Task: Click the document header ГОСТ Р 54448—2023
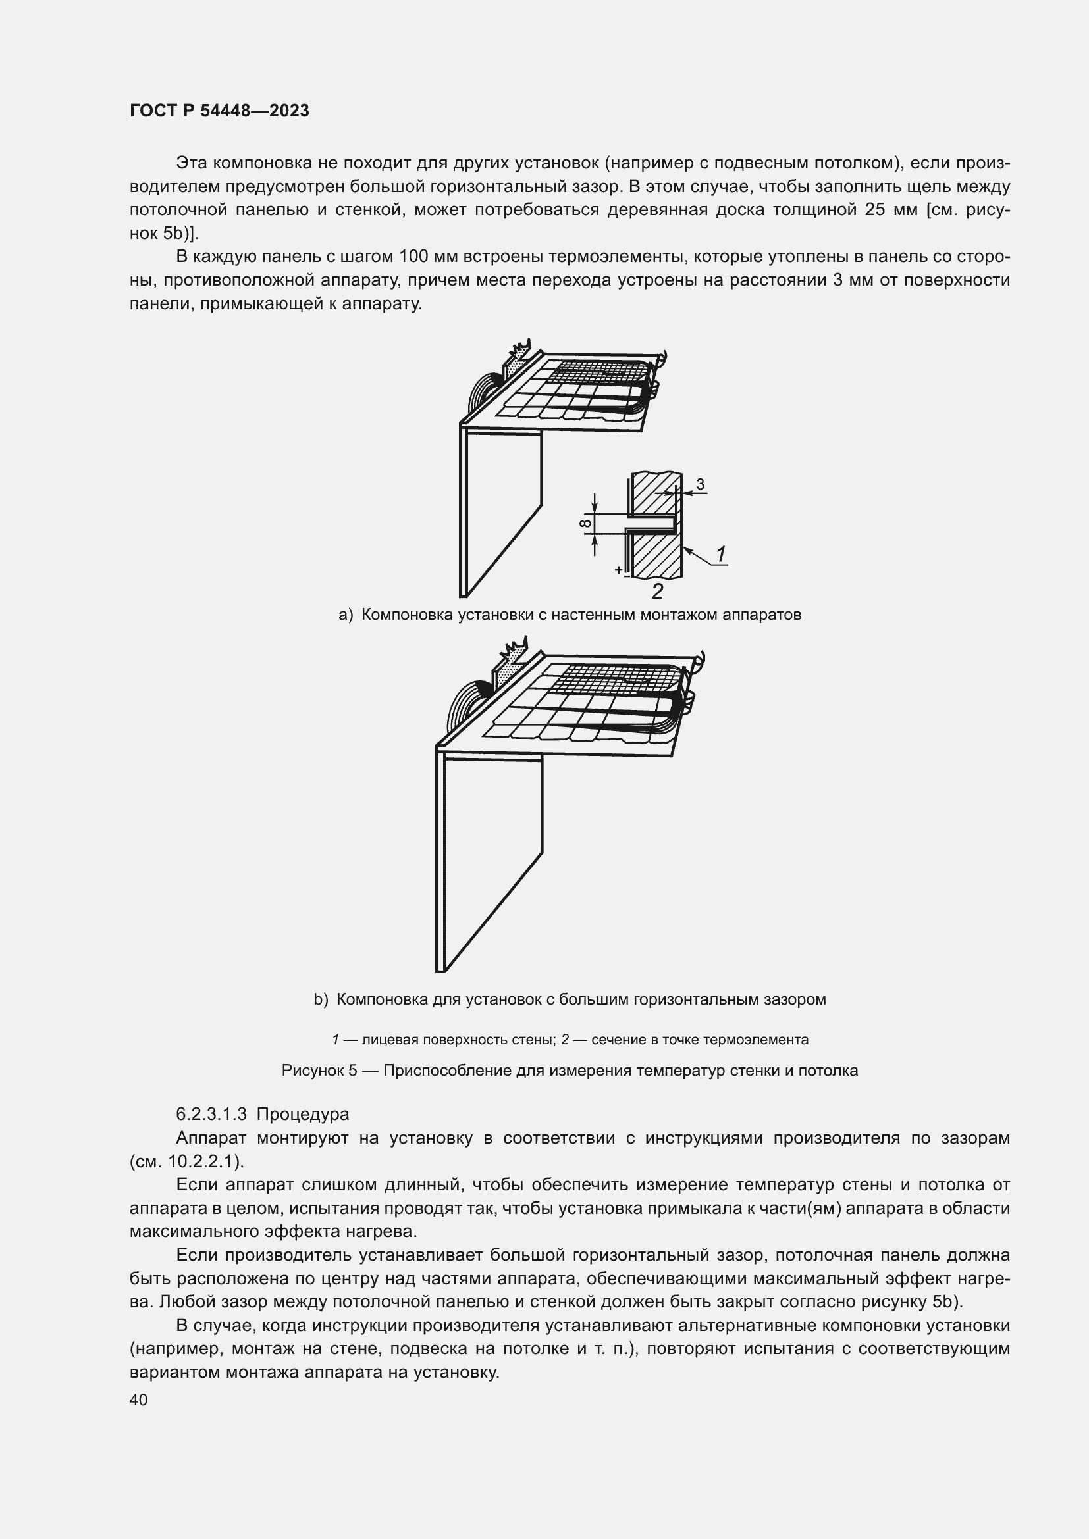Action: coord(219,111)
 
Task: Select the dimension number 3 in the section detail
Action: coord(700,484)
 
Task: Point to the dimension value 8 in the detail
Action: coord(586,523)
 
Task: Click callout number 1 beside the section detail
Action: coord(721,553)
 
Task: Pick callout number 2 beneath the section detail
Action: coord(657,592)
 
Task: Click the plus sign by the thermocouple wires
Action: coord(618,570)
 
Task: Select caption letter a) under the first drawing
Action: coord(346,615)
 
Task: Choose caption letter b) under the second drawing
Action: coord(321,999)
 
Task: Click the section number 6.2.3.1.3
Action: coord(211,1114)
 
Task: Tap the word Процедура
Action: coord(302,1114)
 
